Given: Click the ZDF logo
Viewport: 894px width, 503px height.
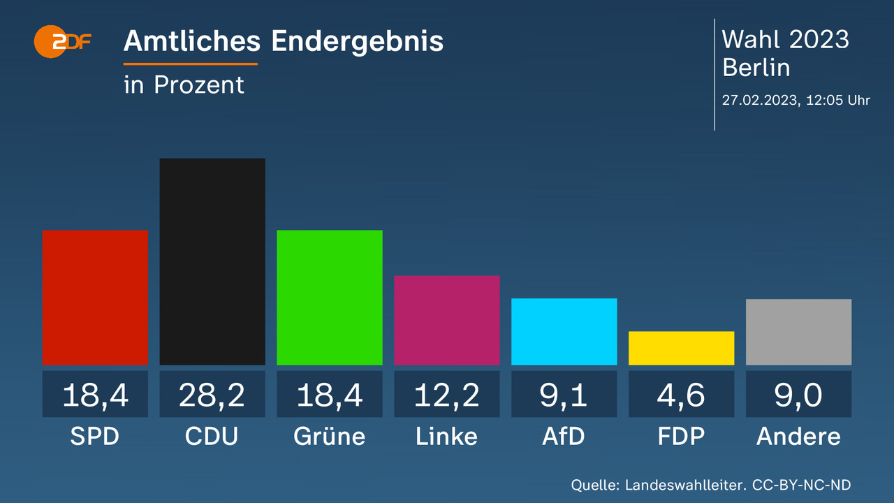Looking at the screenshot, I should point(63,42).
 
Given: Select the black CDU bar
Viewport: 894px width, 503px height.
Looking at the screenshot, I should point(212,262).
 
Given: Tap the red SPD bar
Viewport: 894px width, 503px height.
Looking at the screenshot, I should point(95,298).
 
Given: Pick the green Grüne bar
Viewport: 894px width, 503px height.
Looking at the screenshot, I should point(330,298).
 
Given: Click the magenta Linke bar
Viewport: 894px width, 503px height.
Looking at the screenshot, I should point(447,320).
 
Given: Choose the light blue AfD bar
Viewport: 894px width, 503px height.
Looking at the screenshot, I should point(564,332).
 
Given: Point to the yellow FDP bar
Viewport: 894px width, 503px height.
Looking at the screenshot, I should point(682,348).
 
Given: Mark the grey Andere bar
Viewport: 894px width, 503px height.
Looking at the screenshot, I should point(798,332).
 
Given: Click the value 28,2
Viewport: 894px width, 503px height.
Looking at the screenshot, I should point(212,395).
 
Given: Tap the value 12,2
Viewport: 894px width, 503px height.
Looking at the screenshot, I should point(447,395).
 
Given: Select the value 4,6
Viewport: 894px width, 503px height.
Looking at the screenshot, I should point(682,395).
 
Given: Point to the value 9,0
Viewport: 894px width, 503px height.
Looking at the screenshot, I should point(798,395).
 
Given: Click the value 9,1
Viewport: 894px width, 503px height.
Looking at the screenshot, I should point(564,395).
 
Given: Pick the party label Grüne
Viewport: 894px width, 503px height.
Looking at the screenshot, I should point(330,437).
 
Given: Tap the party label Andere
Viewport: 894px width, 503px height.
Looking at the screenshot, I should point(798,437).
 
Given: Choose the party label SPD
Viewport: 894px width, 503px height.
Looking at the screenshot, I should point(95,437).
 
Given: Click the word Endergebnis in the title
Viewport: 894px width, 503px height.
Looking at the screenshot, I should point(357,42).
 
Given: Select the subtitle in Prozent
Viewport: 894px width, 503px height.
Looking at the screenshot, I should point(184,85).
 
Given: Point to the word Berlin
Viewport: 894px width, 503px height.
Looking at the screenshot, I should point(756,68).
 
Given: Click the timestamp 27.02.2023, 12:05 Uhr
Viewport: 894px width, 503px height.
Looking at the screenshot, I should point(796,100).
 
